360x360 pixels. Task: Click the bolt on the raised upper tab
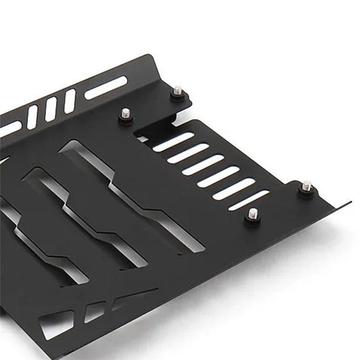[x=178, y=91]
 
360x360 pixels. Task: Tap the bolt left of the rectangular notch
[x=126, y=114]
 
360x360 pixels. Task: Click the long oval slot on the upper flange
[x=106, y=87]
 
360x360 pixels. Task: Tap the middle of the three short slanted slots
[x=51, y=109]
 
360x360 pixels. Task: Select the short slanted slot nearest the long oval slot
[x=70, y=101]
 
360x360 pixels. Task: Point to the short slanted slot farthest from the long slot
[x=32, y=117]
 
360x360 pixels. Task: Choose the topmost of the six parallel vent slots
[x=173, y=141]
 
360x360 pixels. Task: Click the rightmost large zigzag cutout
[x=135, y=193]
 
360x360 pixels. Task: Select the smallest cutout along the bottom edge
[x=94, y=311]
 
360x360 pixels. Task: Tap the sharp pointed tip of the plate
[x=350, y=202]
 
